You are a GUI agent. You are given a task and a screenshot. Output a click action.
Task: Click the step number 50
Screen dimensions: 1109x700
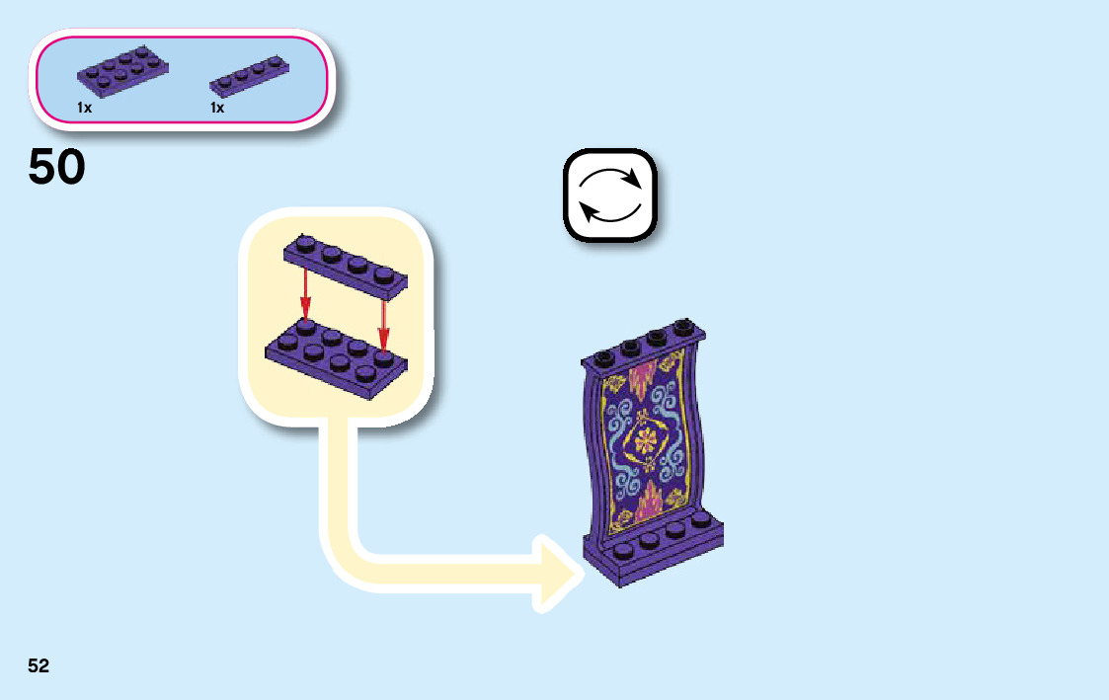pos(57,168)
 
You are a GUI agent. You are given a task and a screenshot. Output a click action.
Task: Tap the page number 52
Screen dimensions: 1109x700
pos(39,665)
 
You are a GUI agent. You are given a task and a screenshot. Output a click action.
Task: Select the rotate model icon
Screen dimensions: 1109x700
pos(609,194)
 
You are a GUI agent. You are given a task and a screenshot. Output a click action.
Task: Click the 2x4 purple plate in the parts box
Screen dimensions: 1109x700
pos(122,71)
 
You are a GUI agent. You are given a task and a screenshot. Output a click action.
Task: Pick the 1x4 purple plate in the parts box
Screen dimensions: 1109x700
pos(251,76)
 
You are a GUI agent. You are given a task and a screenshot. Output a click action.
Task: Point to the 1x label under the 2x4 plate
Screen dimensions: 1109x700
pos(85,108)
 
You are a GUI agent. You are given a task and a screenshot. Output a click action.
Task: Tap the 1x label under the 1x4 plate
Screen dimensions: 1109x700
pos(217,108)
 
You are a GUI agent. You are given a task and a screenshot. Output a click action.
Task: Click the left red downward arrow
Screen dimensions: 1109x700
pos(306,293)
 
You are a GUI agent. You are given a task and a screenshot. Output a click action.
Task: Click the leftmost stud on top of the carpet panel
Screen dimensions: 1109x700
pos(603,353)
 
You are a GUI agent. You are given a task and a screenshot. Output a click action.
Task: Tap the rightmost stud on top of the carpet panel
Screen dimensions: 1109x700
pos(682,327)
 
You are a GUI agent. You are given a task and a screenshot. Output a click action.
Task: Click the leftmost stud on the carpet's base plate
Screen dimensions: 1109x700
pos(624,550)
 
